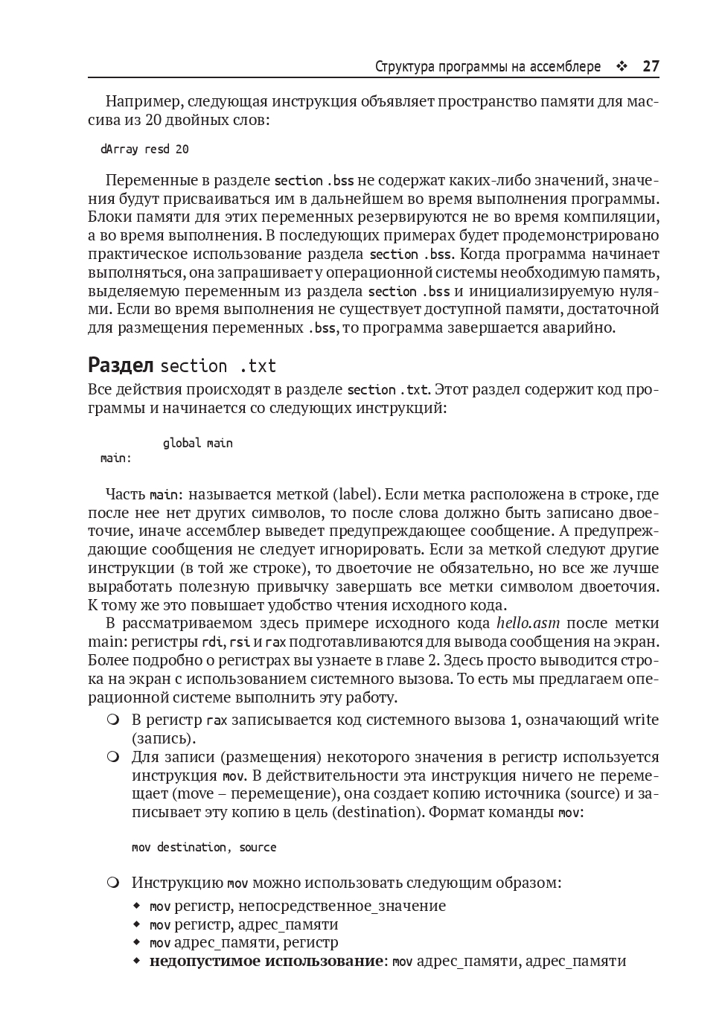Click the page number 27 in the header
tap(651, 67)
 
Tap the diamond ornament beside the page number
tap(622, 67)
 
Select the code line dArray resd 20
tap(144, 150)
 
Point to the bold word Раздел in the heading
tap(121, 365)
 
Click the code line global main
tap(197, 444)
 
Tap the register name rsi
tap(239, 642)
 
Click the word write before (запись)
tap(641, 720)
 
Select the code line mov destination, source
tap(204, 848)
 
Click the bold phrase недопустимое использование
tap(266, 961)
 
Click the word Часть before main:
tap(125, 495)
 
